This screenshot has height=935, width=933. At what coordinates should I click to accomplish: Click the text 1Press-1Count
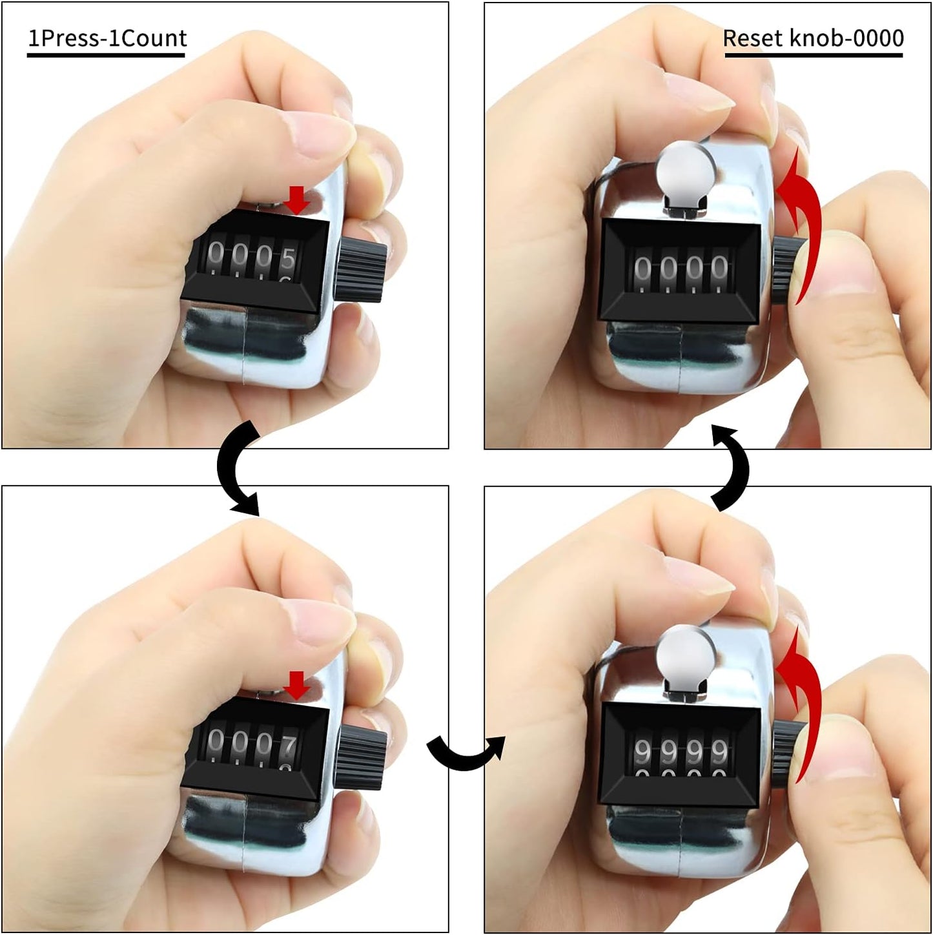[x=107, y=39]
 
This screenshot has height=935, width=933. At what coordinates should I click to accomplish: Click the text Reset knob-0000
[x=813, y=39]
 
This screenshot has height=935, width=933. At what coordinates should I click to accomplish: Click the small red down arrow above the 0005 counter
[x=297, y=200]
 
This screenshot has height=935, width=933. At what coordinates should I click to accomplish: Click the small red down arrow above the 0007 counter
[x=297, y=685]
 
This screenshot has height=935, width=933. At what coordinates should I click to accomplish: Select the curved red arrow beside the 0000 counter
[x=801, y=220]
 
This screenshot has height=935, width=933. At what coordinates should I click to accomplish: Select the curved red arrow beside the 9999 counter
[x=801, y=701]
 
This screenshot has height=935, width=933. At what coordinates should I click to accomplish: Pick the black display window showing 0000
[x=680, y=269]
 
